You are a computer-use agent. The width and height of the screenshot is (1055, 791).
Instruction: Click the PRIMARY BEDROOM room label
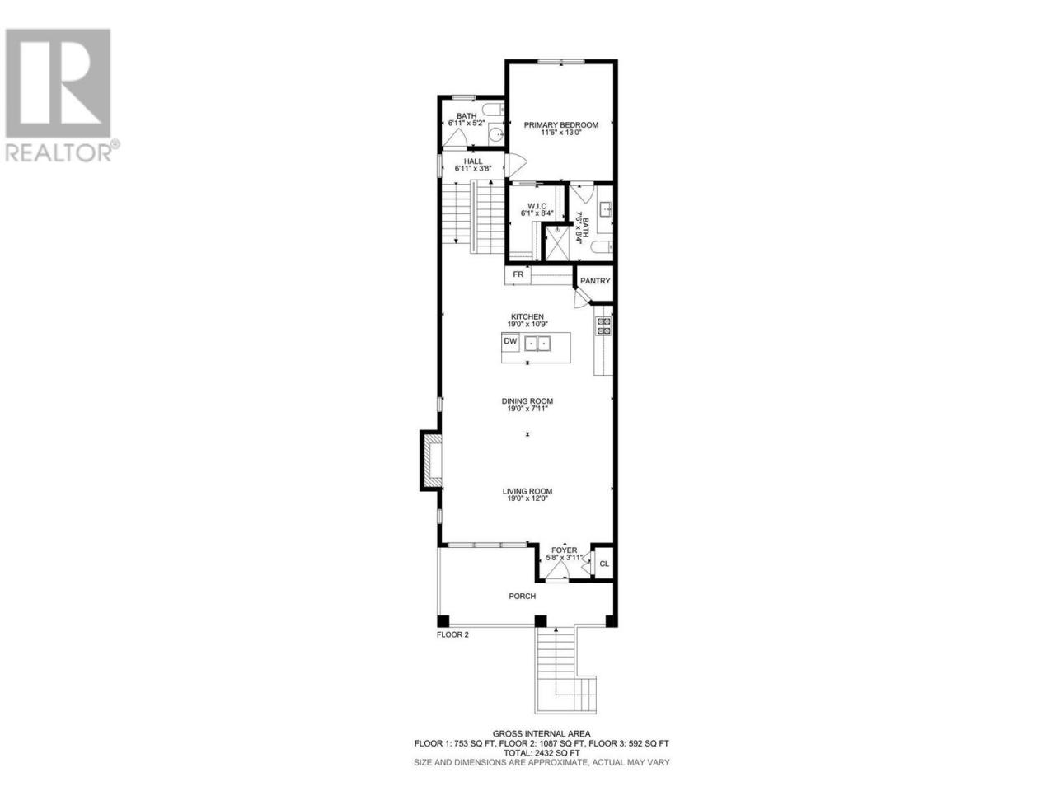pos(560,125)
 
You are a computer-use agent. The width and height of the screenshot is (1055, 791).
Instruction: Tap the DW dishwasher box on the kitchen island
pos(510,341)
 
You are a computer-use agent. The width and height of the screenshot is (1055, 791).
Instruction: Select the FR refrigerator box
pos(518,274)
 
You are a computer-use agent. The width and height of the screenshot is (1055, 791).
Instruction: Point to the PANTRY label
pos(595,281)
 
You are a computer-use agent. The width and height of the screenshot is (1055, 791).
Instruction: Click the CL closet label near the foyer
pos(604,564)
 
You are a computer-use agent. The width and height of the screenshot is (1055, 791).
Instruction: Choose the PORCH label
pos(522,596)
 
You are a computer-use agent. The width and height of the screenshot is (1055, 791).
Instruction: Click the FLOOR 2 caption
pos(452,634)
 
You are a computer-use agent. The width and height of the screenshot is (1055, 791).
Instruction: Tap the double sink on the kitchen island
pos(537,344)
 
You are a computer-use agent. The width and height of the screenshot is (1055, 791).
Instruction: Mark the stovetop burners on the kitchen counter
pos(603,326)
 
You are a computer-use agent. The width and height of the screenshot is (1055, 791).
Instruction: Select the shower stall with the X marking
pos(556,243)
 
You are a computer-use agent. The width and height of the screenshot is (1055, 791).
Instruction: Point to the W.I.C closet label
pos(533,206)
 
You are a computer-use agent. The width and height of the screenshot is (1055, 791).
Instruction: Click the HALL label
pos(473,161)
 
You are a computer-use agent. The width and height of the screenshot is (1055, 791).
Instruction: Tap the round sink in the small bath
pos(496,135)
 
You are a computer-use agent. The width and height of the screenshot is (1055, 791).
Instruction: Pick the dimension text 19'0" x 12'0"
pos(527,498)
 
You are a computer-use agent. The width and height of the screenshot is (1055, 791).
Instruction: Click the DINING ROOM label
pos(527,401)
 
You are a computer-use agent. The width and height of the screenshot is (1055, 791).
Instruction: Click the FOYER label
pos(565,550)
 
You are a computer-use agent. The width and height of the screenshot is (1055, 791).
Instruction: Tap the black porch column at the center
pos(541,621)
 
